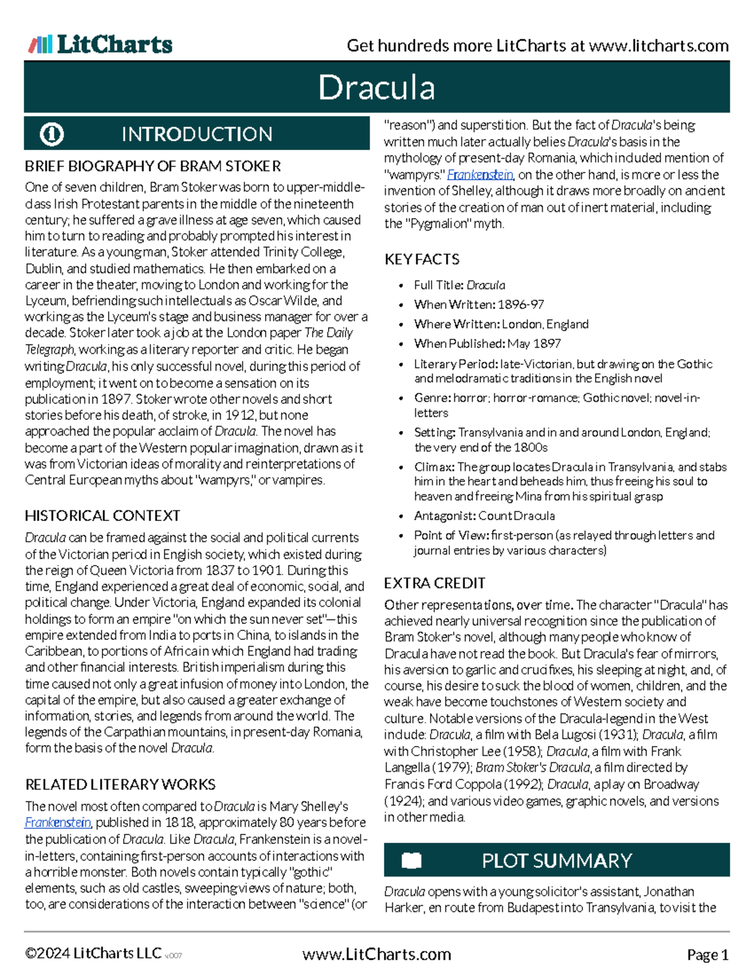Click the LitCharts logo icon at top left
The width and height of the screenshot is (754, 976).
click(x=40, y=44)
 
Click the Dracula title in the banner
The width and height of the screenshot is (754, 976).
click(x=376, y=87)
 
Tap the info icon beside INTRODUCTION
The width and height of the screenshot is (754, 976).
click(x=52, y=134)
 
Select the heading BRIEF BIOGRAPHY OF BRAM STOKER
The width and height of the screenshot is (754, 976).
click(x=153, y=167)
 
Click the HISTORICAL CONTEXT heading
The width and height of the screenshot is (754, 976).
click(x=102, y=516)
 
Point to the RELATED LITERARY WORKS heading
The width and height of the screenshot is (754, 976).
click(x=120, y=784)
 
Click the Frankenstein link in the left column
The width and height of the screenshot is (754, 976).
click(x=58, y=823)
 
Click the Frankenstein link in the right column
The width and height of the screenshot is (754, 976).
click(x=481, y=175)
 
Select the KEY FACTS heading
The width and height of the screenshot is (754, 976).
click(x=422, y=260)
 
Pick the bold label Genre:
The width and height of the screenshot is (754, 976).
click(x=432, y=398)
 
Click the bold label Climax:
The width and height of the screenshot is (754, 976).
click(x=434, y=467)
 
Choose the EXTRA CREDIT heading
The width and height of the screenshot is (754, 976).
click(x=434, y=583)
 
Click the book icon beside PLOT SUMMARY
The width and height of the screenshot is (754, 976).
click(x=412, y=860)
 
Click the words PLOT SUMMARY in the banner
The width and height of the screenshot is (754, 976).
click(x=557, y=860)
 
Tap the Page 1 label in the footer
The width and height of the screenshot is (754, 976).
click(x=708, y=955)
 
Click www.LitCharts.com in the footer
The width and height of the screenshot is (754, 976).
click(x=376, y=954)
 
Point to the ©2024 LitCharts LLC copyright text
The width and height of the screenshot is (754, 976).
click(x=93, y=953)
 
